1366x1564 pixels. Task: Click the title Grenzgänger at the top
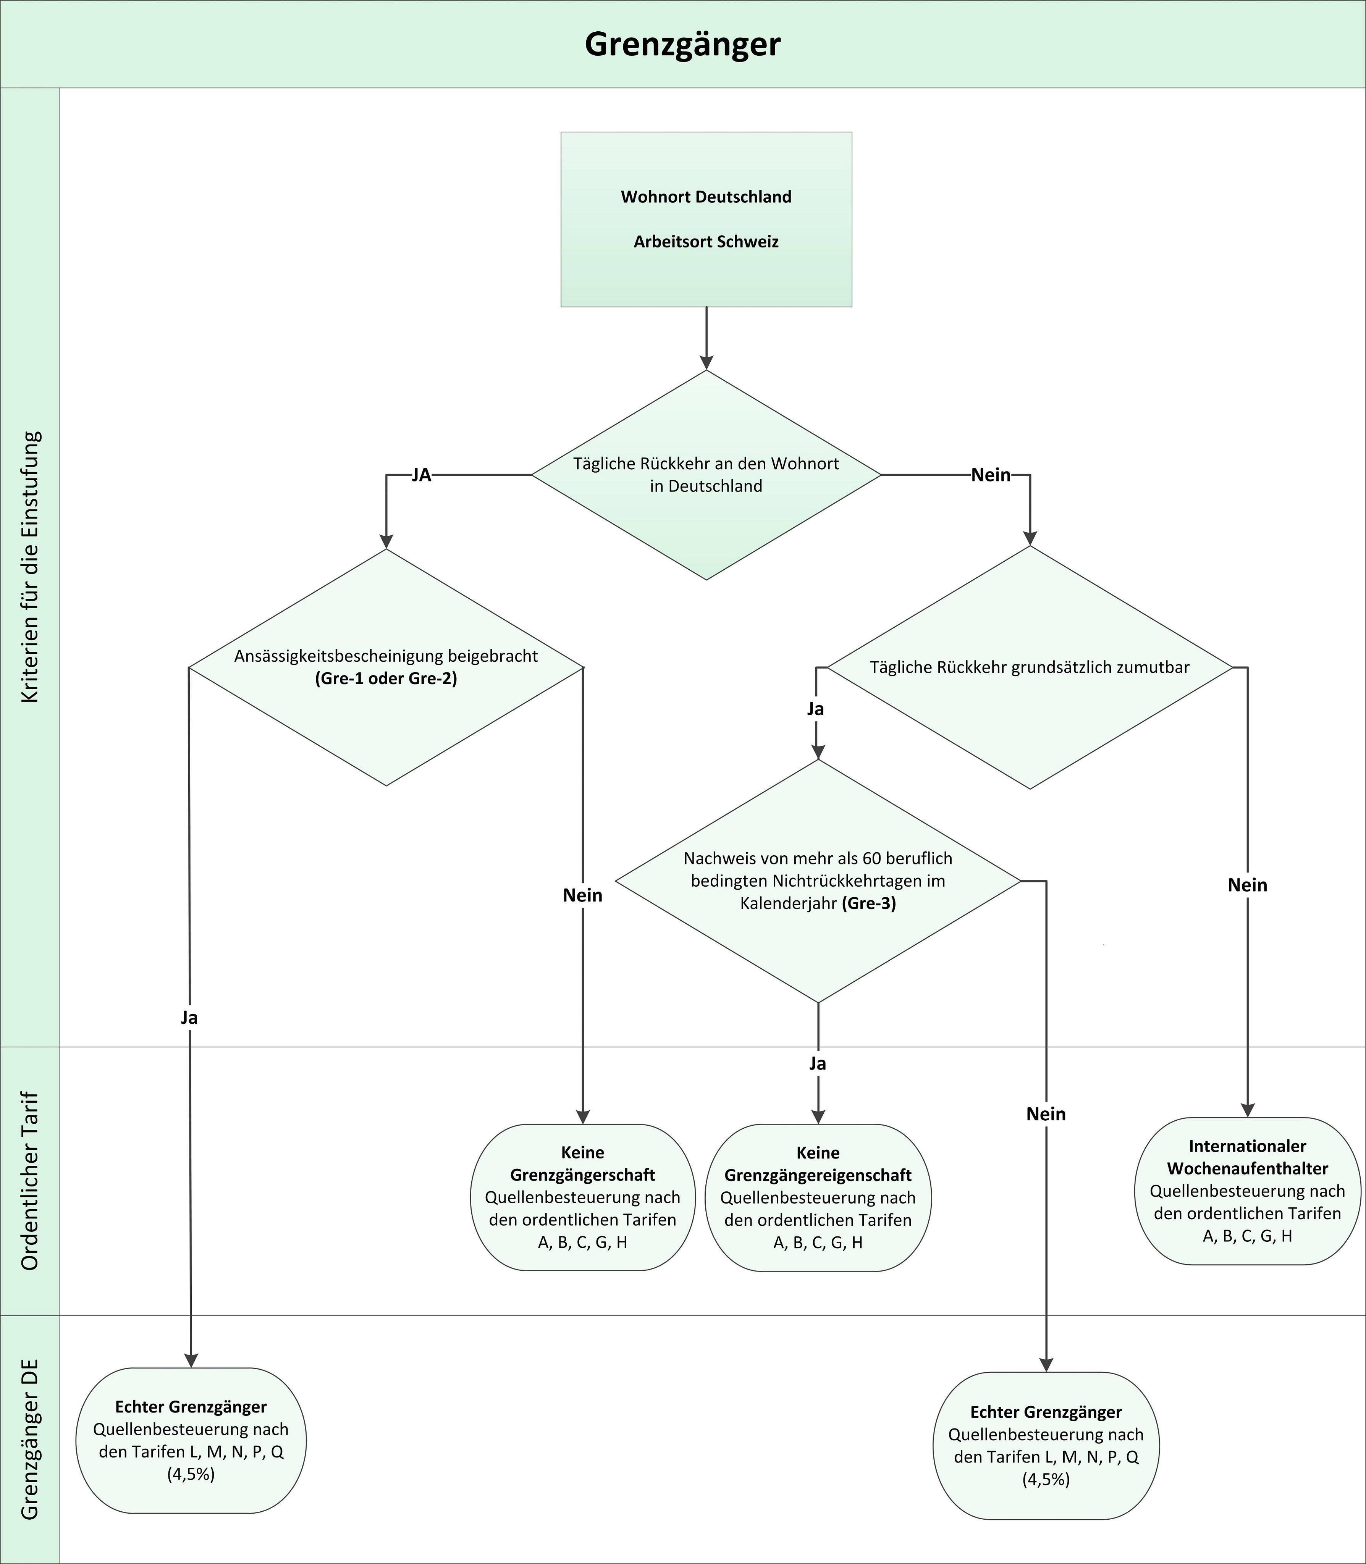tap(682, 44)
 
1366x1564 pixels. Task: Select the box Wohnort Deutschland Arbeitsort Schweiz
tap(706, 220)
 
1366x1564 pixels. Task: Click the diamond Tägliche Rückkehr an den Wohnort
tap(706, 475)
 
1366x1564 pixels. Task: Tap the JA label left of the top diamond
tap(422, 475)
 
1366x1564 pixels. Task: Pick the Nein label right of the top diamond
tap(991, 475)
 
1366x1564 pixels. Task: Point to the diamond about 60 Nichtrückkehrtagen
tap(818, 881)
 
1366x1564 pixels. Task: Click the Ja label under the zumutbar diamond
tap(816, 709)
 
